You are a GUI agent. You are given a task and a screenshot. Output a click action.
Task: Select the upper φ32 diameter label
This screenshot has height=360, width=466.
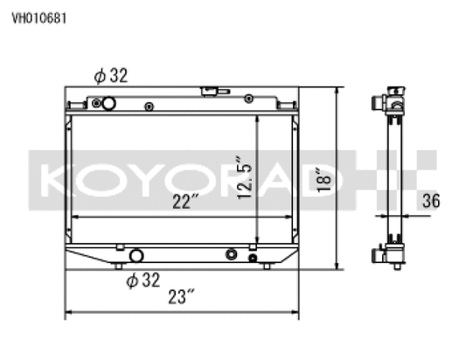(111, 76)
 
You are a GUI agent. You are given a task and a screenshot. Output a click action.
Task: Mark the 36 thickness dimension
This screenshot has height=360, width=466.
(428, 201)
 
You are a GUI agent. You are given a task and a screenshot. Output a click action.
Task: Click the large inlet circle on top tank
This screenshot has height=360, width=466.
(109, 104)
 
